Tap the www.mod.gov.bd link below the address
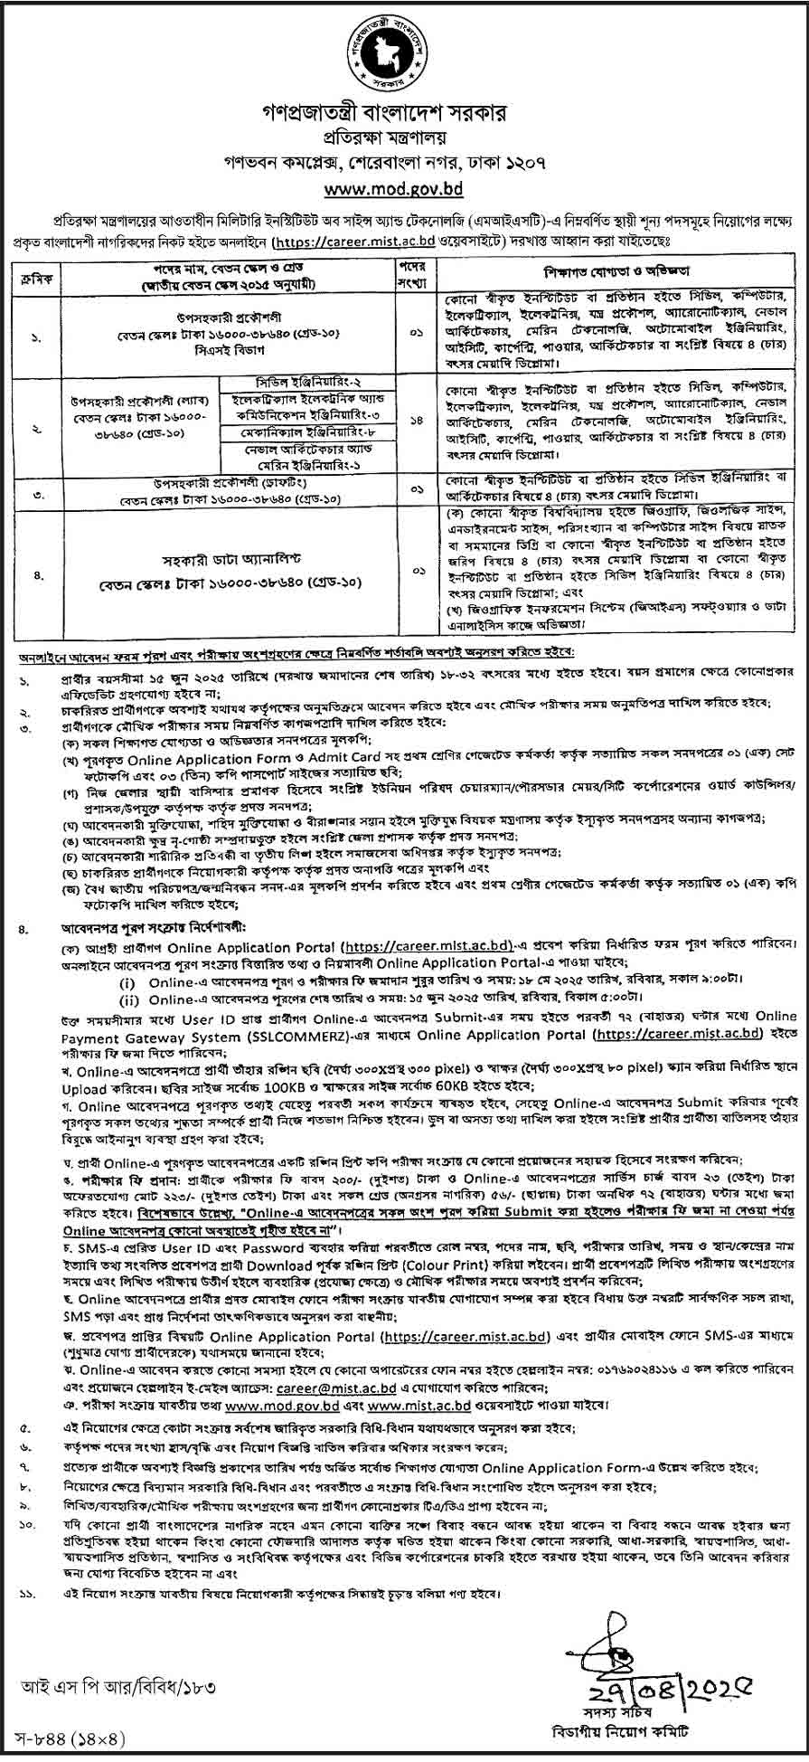point(404,189)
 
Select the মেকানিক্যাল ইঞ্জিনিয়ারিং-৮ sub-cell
point(309,433)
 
